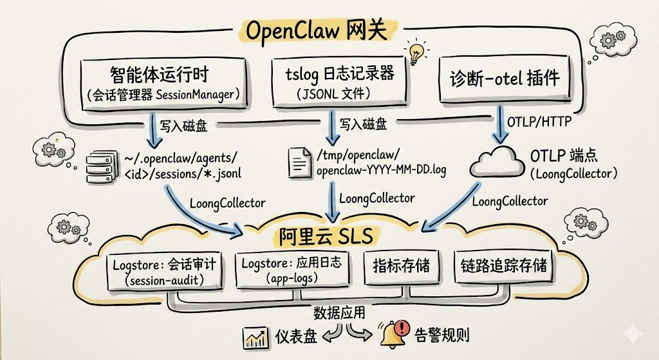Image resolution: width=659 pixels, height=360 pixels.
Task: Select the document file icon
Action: point(299,162)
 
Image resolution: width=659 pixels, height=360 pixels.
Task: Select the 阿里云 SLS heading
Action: point(326,236)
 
